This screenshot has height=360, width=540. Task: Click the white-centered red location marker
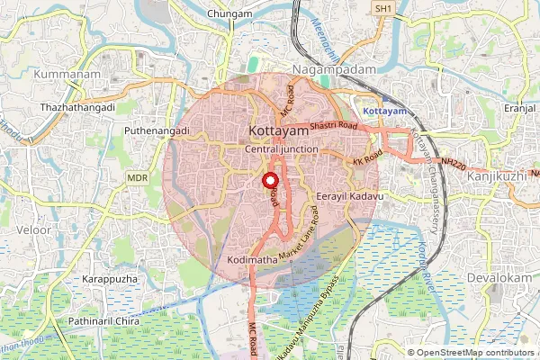tap(270, 180)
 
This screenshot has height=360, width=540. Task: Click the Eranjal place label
tap(520, 106)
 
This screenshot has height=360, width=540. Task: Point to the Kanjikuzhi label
tap(498, 176)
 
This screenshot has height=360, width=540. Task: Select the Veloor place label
tap(33, 230)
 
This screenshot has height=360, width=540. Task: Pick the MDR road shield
tap(137, 178)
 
